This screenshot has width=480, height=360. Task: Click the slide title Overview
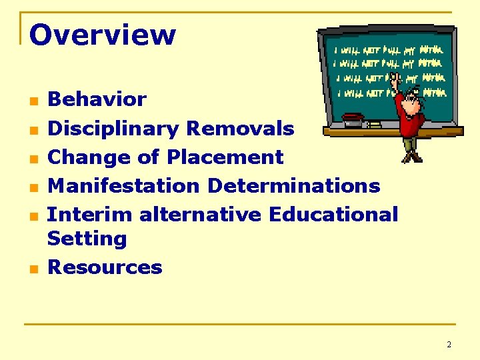pos(103,35)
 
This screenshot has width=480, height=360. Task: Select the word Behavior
pos(97,99)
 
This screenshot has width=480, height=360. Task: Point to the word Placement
pos(225,157)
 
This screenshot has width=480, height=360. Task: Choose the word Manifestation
pos(124,185)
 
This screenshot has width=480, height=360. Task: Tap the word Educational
pos(333,215)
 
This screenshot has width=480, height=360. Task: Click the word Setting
pos(87,239)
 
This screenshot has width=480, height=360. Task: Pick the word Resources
pos(105,267)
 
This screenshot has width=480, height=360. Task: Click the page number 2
pos(449,345)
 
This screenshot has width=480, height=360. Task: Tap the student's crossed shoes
pos(412,157)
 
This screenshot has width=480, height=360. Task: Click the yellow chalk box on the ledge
pos(375,124)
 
